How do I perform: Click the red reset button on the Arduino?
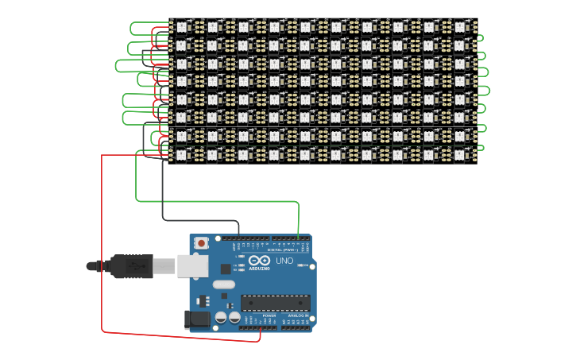[x=202, y=242]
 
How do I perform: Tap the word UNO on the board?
[x=284, y=261]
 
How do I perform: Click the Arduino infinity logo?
[x=259, y=261]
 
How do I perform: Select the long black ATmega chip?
[x=276, y=303]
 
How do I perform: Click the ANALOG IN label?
[x=297, y=315]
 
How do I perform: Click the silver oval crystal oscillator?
[x=224, y=284]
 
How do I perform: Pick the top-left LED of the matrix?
[x=182, y=26]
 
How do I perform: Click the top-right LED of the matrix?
[x=461, y=26]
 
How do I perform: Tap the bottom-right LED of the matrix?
[x=461, y=154]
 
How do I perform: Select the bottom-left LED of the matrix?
[x=182, y=154]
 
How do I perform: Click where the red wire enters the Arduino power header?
[x=260, y=327]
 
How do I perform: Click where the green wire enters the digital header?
[x=299, y=237]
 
